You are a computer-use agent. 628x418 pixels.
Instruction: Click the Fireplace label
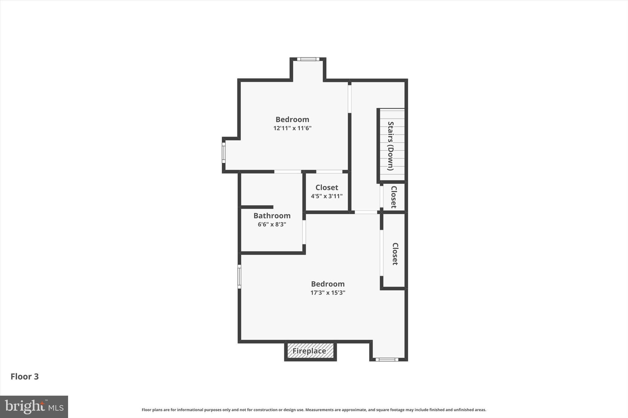pos(309,351)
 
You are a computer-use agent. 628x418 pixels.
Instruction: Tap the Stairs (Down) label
pos(390,146)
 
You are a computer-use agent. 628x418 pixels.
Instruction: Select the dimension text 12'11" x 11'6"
pos(292,128)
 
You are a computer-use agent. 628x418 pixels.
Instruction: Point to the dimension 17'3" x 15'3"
pos(328,293)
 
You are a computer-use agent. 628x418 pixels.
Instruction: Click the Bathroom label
pos(272,216)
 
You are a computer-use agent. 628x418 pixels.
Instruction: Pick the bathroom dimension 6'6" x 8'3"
pos(272,224)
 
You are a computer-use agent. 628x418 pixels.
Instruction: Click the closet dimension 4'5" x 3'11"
pos(327,196)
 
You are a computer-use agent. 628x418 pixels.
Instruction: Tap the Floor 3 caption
pos(25,377)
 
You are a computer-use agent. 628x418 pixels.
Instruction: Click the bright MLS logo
pos(34,407)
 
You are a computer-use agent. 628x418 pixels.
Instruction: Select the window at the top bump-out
pos(308,59)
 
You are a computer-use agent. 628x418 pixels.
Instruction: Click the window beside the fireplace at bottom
pos(387,360)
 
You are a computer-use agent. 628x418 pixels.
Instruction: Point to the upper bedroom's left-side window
pos(224,153)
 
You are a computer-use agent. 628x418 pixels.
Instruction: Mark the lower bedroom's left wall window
pos(239,277)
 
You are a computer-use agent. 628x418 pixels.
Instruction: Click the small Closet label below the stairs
pos(394,197)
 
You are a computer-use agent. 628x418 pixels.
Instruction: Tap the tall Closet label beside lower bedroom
pos(395,254)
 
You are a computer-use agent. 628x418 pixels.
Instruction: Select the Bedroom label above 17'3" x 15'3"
pos(328,284)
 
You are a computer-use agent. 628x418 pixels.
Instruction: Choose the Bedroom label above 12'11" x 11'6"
pos(292,119)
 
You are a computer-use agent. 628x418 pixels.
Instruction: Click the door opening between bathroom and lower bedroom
pos(304,232)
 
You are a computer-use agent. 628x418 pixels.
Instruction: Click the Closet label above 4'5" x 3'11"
pos(327,187)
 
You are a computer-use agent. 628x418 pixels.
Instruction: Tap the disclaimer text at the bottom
pos(314,410)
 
